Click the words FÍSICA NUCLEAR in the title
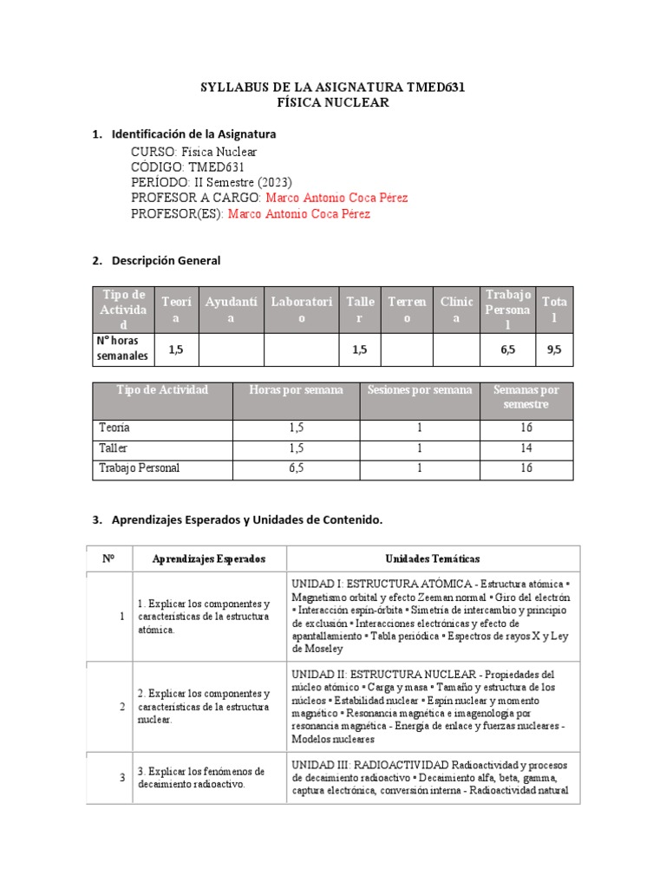(x=332, y=103)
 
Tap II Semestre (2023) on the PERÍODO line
(x=243, y=182)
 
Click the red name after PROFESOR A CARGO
(x=336, y=198)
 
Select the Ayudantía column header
(x=231, y=310)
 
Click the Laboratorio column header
(x=302, y=310)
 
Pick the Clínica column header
(x=456, y=310)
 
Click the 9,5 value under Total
(x=555, y=349)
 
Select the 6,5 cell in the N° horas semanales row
(x=507, y=349)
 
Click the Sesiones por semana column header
(x=420, y=390)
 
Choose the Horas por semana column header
(x=296, y=390)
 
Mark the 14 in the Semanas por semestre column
(x=526, y=449)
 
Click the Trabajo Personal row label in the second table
(x=140, y=469)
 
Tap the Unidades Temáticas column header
(x=432, y=559)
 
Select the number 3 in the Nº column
(x=122, y=778)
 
